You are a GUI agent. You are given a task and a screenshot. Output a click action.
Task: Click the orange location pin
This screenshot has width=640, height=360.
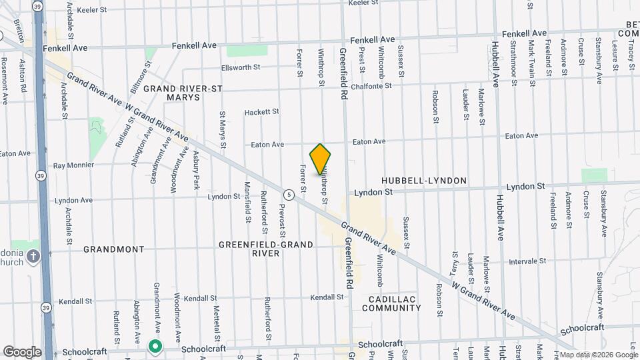[321, 159]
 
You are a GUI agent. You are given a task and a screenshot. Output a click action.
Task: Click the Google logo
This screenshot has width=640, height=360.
[22, 352]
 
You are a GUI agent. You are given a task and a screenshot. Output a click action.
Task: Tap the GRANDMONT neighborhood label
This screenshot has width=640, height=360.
[113, 249]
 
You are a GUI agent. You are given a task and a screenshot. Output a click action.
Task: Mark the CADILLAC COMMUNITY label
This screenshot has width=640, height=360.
[391, 303]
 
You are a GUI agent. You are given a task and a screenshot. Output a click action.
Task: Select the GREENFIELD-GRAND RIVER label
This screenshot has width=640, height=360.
[266, 249]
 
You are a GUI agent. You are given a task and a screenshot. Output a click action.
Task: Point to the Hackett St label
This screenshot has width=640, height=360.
[261, 112]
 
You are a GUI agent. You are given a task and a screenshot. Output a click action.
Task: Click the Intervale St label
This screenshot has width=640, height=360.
[527, 261]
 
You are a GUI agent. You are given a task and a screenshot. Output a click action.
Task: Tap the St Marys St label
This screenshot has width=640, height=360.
[223, 131]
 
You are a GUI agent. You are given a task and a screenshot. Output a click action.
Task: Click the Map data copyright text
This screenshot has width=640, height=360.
[597, 354]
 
